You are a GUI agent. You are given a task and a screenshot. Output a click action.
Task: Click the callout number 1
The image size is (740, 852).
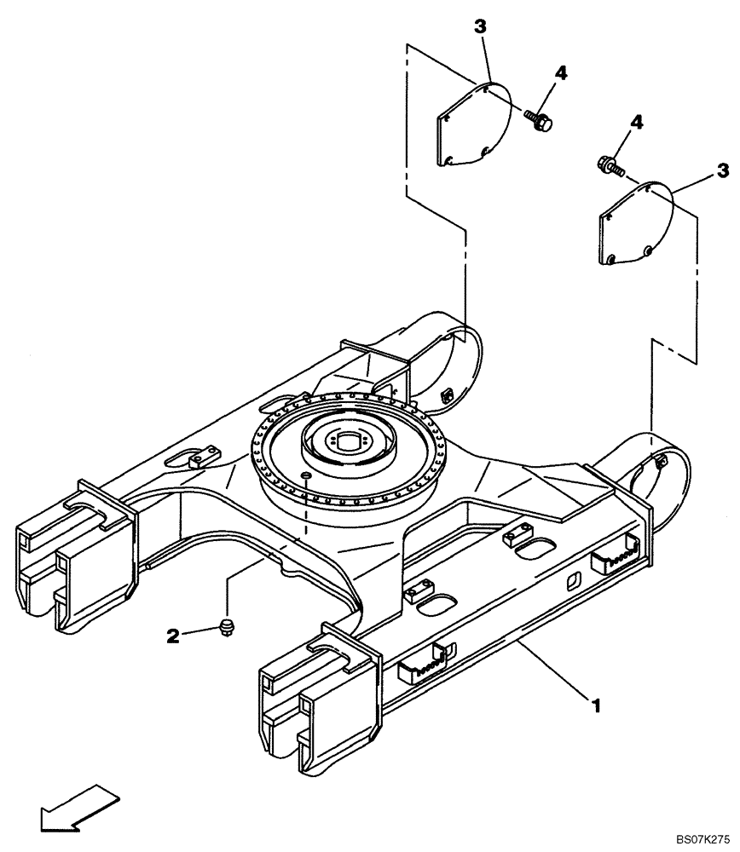pos(597,705)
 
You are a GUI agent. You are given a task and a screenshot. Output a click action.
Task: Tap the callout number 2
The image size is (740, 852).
pos(173,635)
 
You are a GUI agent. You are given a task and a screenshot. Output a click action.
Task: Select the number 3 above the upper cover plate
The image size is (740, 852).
pos(481,26)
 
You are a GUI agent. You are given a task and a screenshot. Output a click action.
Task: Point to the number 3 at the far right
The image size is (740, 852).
pos(722,171)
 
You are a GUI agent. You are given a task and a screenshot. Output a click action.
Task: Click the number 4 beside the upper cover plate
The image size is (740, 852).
pos(560,74)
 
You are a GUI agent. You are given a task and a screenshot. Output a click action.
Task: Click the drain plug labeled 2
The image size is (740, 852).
pos(227,629)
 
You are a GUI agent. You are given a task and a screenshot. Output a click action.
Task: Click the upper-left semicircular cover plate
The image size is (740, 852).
pos(473,124)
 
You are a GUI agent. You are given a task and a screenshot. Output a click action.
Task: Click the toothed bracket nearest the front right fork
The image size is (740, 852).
pos(422,660)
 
